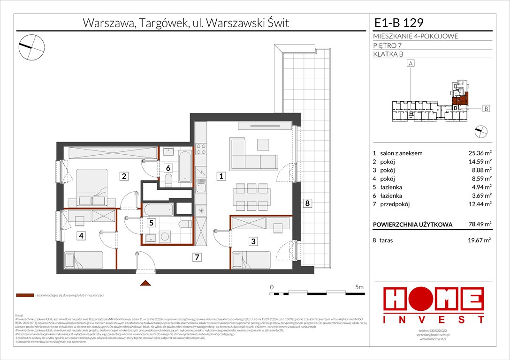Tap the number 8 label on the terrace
coord(307,203)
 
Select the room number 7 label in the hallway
coord(198,256)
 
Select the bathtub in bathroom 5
coord(158,209)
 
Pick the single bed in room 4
coord(84,259)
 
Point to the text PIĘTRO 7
coord(388,45)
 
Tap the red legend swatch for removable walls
coord(24,296)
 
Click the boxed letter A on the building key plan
coord(411,63)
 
